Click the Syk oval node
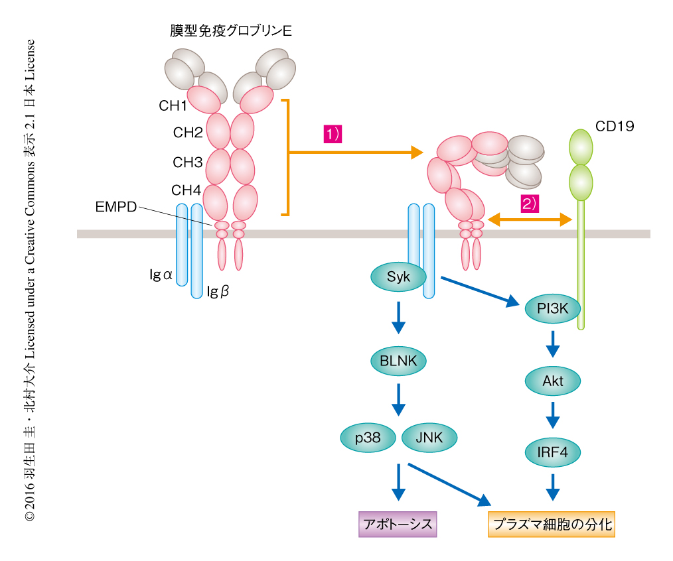click(x=398, y=277)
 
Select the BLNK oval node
click(x=398, y=361)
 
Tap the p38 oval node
click(x=368, y=438)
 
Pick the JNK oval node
click(x=428, y=438)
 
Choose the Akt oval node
click(x=552, y=381)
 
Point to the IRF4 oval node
click(x=552, y=453)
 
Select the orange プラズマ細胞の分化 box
click(x=551, y=525)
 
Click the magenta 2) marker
click(x=529, y=204)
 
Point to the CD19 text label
click(x=615, y=126)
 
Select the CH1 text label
click(x=173, y=105)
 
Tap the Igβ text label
click(x=218, y=290)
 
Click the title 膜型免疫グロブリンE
click(x=230, y=31)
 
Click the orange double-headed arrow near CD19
click(x=530, y=219)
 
